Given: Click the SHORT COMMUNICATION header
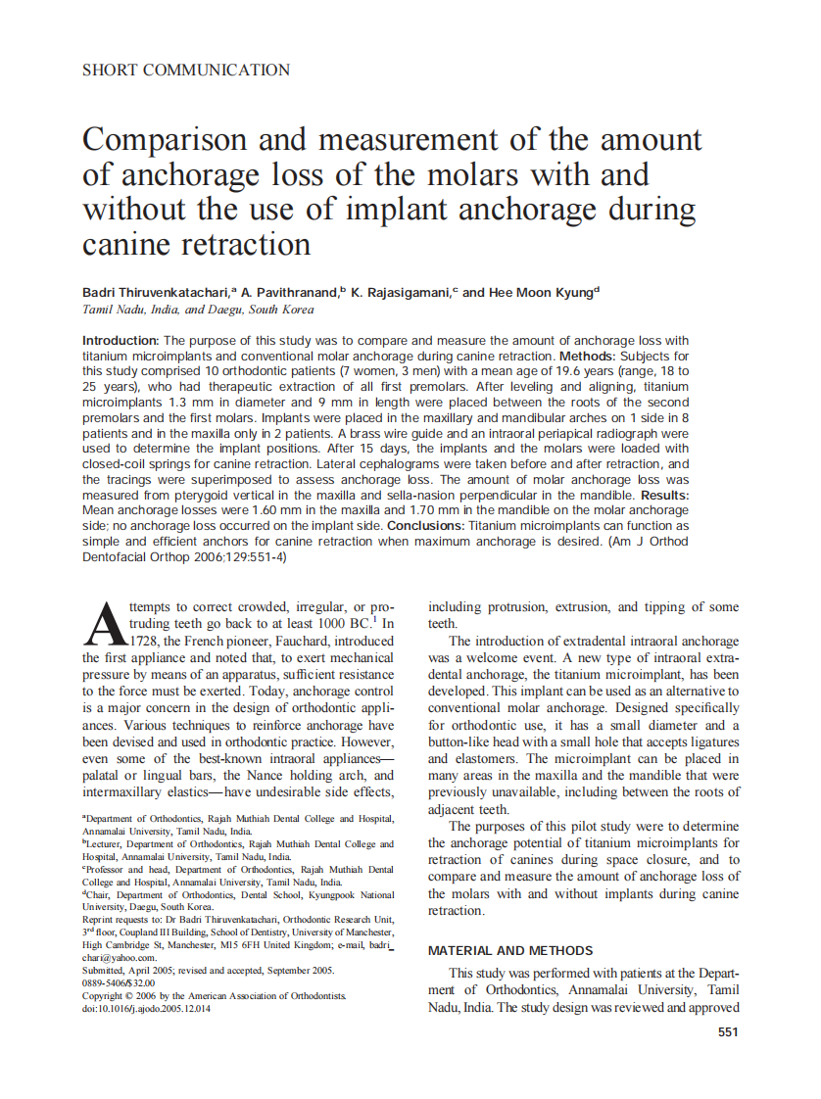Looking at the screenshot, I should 186,70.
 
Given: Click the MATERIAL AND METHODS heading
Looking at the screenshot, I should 510,950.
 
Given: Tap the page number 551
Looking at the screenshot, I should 727,1031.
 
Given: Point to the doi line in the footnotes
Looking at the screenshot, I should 146,1008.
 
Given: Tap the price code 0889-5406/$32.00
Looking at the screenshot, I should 119,982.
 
